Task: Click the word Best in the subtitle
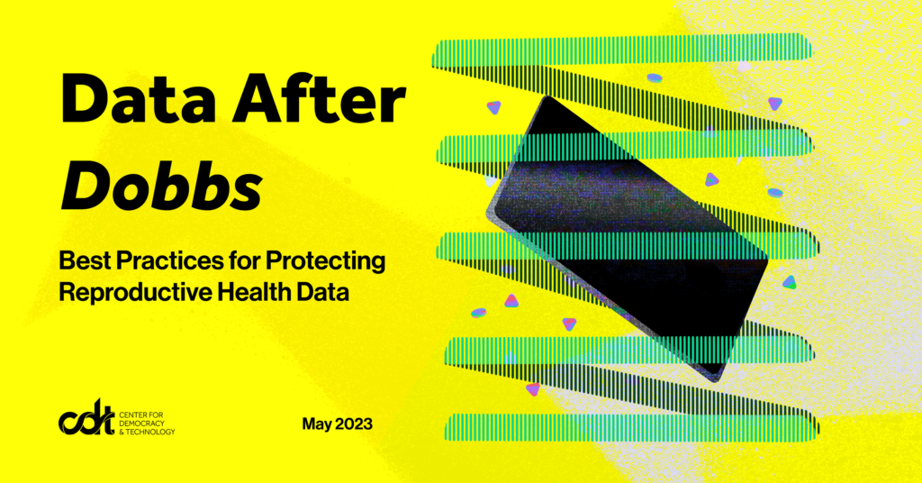click(86, 262)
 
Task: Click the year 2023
click(354, 423)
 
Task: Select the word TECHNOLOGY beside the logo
click(151, 433)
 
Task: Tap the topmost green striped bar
click(621, 50)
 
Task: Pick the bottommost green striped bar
click(630, 426)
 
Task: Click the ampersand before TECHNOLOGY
click(122, 433)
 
